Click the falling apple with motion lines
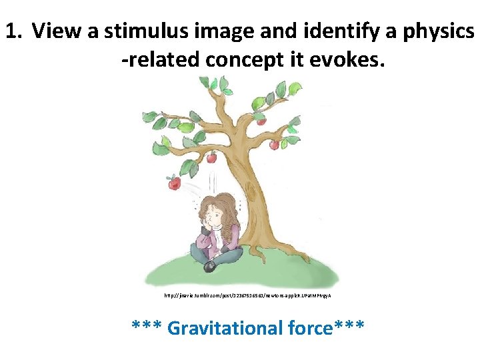pos(174,181)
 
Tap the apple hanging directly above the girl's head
pos(211,158)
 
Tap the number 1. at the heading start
pos(15,31)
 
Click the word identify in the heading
pos(319,31)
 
